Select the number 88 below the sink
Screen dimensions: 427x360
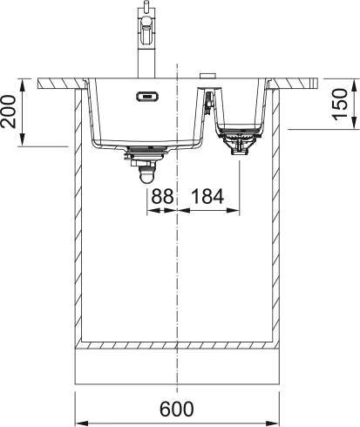162,198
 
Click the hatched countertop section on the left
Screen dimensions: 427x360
61,83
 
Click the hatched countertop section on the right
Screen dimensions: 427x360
296,83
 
